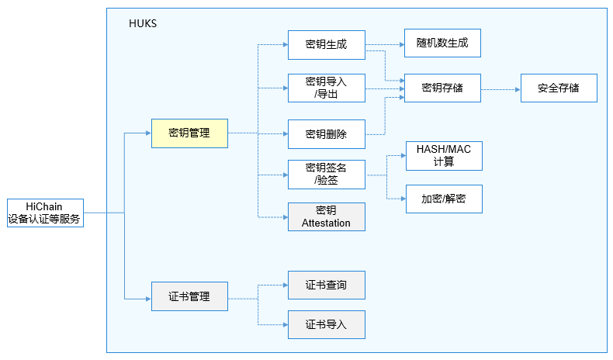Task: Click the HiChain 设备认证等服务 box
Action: pos(44,213)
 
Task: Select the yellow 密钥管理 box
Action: pos(189,133)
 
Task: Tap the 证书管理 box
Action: pos(189,296)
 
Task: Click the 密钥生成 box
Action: pos(326,44)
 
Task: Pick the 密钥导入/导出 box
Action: pos(326,88)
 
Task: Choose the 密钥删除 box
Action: pos(326,133)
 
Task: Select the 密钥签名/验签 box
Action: pos(326,174)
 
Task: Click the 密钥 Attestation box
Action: pos(326,216)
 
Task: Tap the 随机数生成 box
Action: pos(442,43)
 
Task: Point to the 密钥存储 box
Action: pos(442,88)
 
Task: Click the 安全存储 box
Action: pos(559,88)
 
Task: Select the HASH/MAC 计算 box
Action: pos(444,156)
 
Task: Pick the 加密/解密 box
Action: pos(444,199)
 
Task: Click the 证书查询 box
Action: pos(326,285)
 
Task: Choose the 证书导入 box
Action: pos(326,324)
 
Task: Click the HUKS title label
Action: pos(143,23)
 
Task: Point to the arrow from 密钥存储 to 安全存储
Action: pos(500,89)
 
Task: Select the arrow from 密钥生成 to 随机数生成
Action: pos(384,44)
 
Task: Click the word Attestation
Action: pos(326,223)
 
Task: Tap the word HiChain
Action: pos(44,206)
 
